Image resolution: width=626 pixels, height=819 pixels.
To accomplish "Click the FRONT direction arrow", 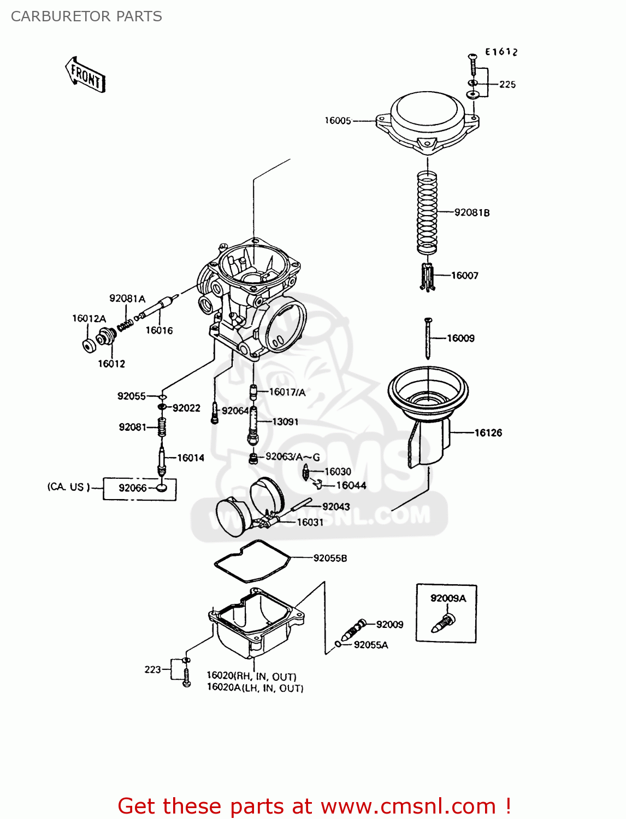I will click(x=85, y=75).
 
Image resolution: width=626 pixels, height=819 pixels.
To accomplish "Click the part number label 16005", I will click(x=338, y=121).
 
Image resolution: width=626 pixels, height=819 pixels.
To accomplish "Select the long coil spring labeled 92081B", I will click(x=427, y=212).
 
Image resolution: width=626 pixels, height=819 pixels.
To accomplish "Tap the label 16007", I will click(x=464, y=276).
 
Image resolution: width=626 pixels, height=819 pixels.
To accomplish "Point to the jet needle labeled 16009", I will click(x=428, y=339).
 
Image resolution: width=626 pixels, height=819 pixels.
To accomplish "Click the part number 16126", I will click(x=488, y=433).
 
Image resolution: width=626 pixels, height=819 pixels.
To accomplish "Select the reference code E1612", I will click(x=501, y=52).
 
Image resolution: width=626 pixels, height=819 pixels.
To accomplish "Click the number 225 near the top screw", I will click(x=507, y=85).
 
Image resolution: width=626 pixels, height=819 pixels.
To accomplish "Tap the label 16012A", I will click(x=89, y=318).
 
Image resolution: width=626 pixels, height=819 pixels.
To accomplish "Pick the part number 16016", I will click(x=159, y=330).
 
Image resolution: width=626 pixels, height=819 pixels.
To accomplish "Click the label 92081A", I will click(x=127, y=299).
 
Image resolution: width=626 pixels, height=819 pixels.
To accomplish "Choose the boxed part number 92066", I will click(x=133, y=488).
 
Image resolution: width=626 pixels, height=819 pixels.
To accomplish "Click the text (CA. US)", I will click(x=68, y=486).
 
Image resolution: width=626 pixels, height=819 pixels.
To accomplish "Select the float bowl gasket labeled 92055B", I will click(x=252, y=560).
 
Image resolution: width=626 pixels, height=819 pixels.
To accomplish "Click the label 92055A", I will click(x=371, y=645).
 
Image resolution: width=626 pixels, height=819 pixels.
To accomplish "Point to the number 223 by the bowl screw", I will click(x=152, y=669).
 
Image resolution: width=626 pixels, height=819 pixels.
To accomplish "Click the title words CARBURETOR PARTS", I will click(x=86, y=16).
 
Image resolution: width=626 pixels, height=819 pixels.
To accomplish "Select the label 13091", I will click(x=285, y=422).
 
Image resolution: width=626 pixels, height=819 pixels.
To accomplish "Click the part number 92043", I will click(x=336, y=507).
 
